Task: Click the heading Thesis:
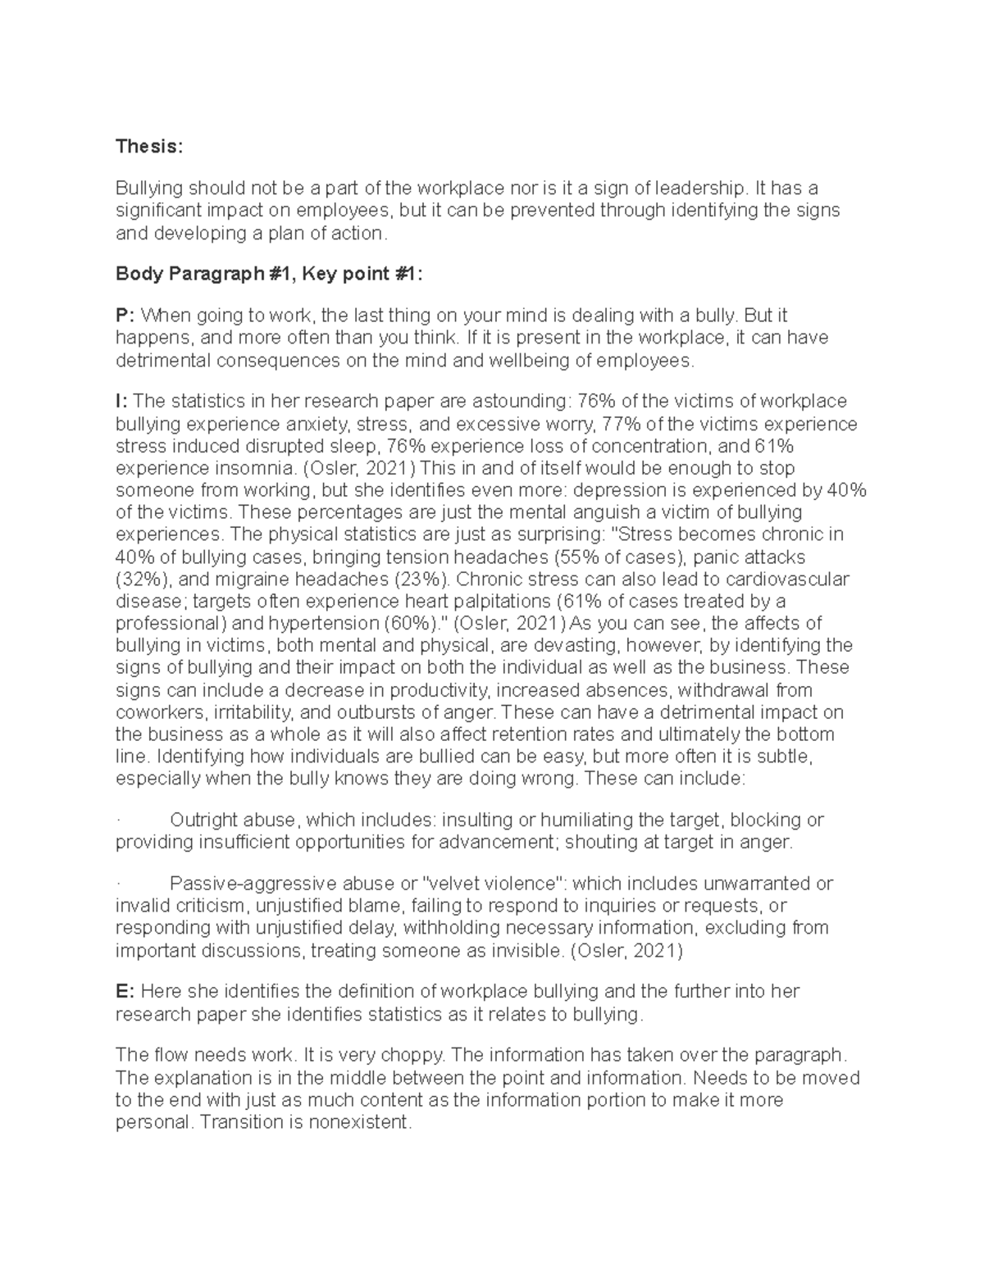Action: pyautogui.click(x=150, y=147)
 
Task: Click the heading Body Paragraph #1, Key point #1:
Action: pyautogui.click(x=270, y=275)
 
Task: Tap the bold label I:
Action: pyautogui.click(x=122, y=402)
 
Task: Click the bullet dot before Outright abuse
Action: pyautogui.click(x=119, y=821)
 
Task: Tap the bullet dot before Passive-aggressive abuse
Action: pyautogui.click(x=119, y=884)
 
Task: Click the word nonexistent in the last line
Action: pyautogui.click(x=359, y=1122)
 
